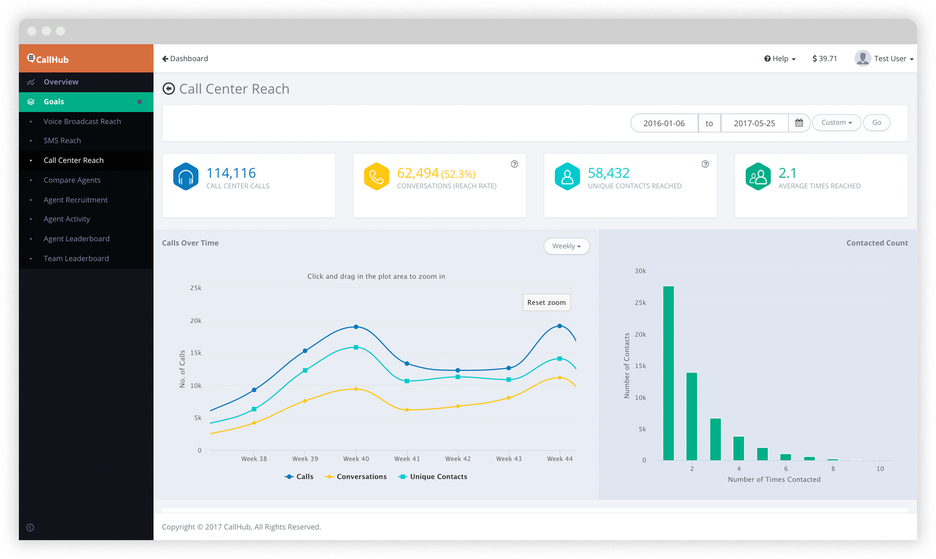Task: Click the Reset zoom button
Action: point(546,303)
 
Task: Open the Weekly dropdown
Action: point(566,246)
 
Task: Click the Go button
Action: point(876,122)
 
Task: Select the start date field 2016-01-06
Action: point(664,123)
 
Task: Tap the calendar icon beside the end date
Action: point(799,123)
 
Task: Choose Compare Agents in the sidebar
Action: point(72,180)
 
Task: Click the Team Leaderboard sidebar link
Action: point(76,258)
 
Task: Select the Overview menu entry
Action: point(61,82)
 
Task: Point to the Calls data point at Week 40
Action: point(356,327)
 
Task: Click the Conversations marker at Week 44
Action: point(560,378)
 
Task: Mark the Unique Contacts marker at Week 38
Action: point(254,409)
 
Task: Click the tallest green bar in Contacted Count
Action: point(668,373)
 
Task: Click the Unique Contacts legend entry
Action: point(438,477)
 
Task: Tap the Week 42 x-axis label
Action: point(457,459)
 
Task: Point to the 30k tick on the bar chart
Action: point(640,271)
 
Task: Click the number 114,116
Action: point(231,173)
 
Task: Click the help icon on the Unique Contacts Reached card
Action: point(705,164)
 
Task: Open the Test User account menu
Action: point(884,58)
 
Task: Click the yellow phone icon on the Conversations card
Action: point(376,176)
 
